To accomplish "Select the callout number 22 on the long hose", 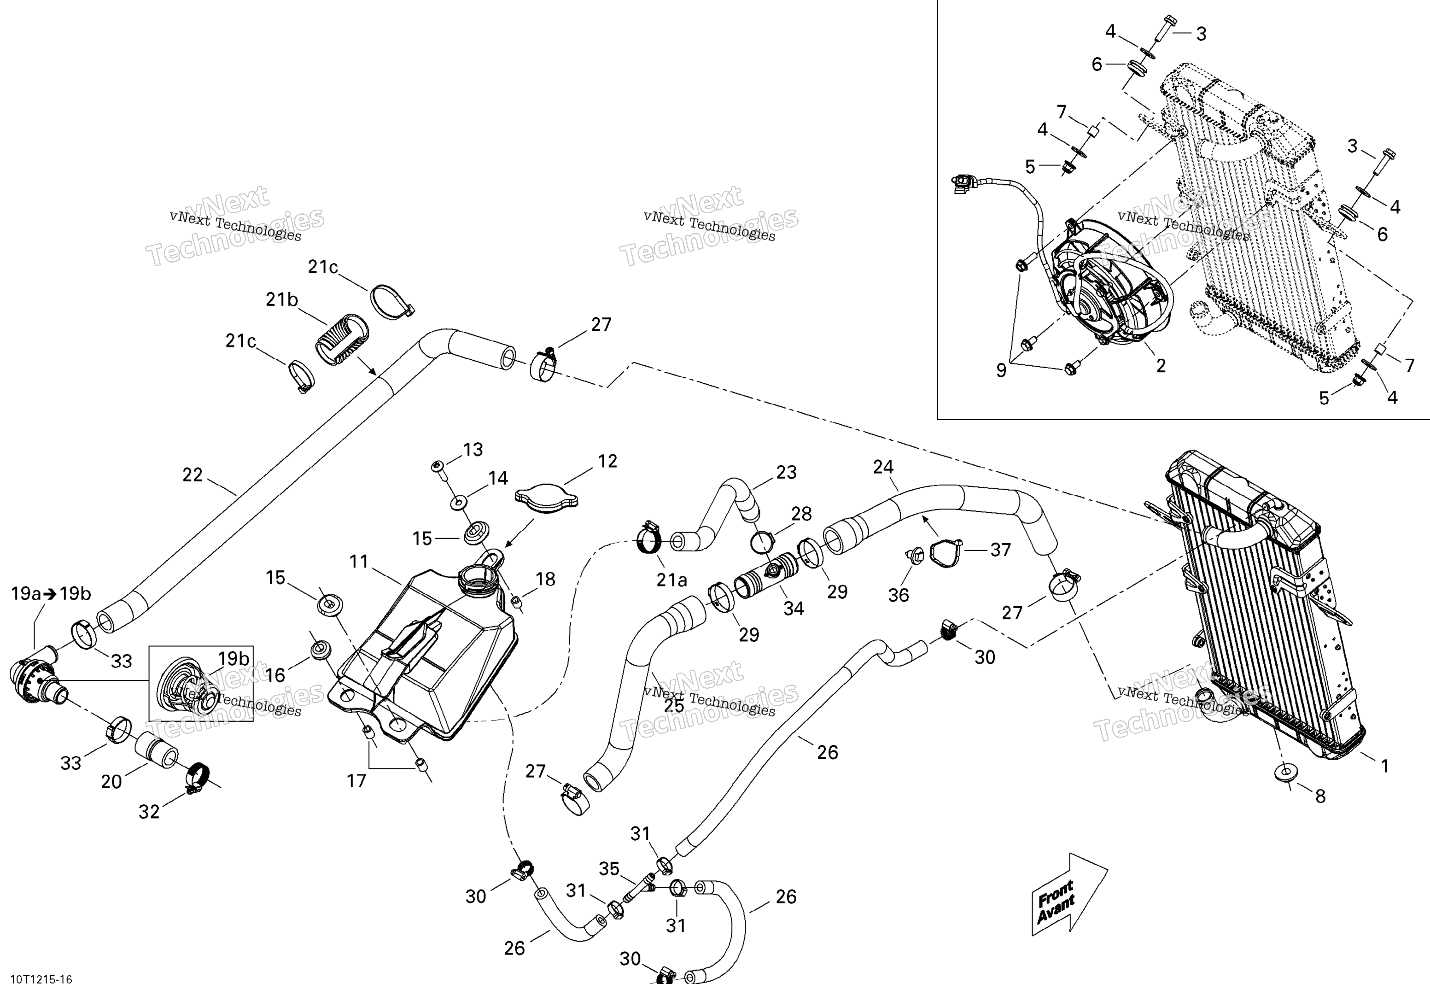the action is click(x=193, y=475).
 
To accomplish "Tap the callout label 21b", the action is click(x=282, y=299).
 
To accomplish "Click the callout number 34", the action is click(x=793, y=609).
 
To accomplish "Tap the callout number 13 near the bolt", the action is click(x=473, y=450).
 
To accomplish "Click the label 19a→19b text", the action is click(x=51, y=594).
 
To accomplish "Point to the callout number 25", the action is click(x=674, y=705).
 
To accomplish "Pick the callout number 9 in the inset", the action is click(x=1001, y=370).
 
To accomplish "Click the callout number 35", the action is click(x=609, y=869).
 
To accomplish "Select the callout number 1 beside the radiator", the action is click(x=1384, y=766).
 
